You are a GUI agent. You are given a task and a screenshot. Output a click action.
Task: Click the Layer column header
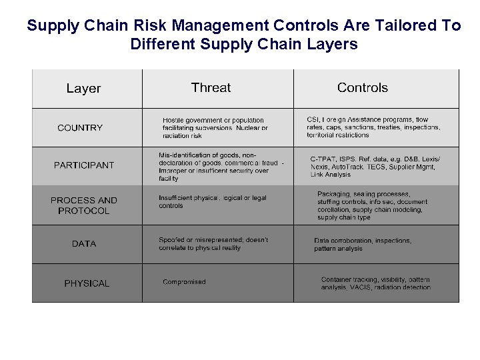[x=83, y=88]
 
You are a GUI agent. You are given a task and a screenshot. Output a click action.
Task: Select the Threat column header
[x=211, y=87]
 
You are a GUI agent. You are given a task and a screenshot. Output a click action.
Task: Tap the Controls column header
[x=362, y=87]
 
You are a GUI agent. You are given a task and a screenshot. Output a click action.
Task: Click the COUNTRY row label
[x=80, y=127]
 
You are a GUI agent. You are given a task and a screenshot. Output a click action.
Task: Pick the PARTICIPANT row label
[x=84, y=165]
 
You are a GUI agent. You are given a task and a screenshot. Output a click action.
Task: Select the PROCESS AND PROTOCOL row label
[x=84, y=205]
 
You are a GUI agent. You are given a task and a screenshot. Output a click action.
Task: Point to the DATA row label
[x=84, y=244]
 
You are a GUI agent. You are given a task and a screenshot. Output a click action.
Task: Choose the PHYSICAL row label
[x=87, y=283]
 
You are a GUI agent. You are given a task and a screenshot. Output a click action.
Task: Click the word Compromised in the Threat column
[x=184, y=282]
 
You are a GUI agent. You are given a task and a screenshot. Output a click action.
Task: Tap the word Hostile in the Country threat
[x=174, y=121]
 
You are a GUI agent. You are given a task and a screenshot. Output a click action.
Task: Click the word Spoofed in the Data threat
[x=172, y=240]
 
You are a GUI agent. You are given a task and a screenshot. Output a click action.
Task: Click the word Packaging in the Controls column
[x=333, y=194]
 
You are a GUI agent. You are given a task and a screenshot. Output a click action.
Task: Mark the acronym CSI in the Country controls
[x=313, y=120]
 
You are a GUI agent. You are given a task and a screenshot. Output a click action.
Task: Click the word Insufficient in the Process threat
[x=177, y=198]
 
